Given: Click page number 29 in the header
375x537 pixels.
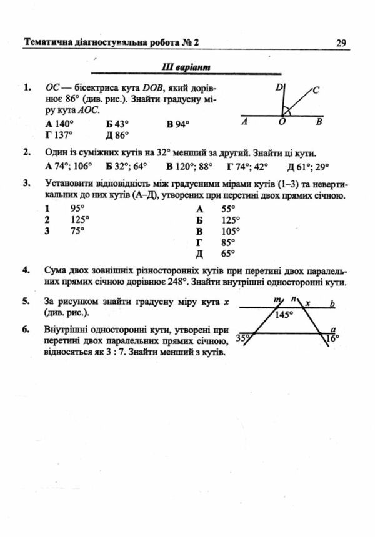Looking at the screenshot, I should pyautogui.click(x=341, y=43).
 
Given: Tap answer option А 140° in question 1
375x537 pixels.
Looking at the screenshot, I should pyautogui.click(x=60, y=124).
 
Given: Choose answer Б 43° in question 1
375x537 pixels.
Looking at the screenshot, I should pyautogui.click(x=117, y=124).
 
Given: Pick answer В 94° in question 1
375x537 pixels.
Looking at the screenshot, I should pyautogui.click(x=177, y=124).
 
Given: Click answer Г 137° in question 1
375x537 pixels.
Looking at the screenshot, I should pyautogui.click(x=59, y=134).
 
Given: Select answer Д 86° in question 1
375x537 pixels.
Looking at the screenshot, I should pyautogui.click(x=117, y=134).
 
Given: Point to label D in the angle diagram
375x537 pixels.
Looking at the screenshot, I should pyautogui.click(x=278, y=88).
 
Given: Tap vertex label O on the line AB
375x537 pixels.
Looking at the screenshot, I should pyautogui.click(x=282, y=123).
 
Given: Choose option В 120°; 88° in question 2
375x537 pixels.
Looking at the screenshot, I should pyautogui.click(x=189, y=166).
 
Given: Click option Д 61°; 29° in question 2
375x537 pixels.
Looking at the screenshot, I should pyautogui.click(x=307, y=166).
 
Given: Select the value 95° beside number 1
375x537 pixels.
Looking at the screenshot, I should pyautogui.click(x=77, y=209).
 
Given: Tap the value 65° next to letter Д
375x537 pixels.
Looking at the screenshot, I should pyautogui.click(x=228, y=254).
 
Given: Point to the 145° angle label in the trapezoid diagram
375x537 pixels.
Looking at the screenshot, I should pyautogui.click(x=284, y=315).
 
